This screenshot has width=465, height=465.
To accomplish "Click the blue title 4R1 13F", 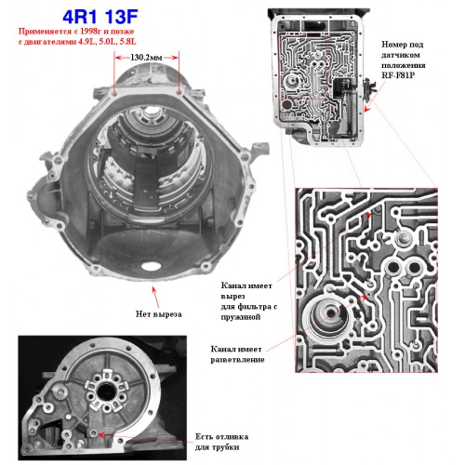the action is (x=100, y=17).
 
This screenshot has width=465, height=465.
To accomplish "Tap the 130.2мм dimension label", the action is (x=146, y=58).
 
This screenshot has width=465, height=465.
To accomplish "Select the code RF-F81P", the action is (x=398, y=75).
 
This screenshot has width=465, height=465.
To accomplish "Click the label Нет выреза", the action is (x=159, y=314).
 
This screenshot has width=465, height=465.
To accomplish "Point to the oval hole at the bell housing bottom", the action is (x=151, y=266).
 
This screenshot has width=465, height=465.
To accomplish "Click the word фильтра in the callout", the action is (x=254, y=307).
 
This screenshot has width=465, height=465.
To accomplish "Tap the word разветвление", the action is (x=237, y=360).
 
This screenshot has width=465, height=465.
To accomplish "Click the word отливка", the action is (x=231, y=437).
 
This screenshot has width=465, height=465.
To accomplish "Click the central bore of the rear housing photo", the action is (x=106, y=392).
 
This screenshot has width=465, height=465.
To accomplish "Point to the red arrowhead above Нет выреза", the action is (x=153, y=289).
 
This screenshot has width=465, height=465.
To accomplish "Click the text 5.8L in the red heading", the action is (x=128, y=42).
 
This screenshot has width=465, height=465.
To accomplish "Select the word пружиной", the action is (x=241, y=317).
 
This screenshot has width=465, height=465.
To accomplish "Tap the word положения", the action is (x=404, y=65).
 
